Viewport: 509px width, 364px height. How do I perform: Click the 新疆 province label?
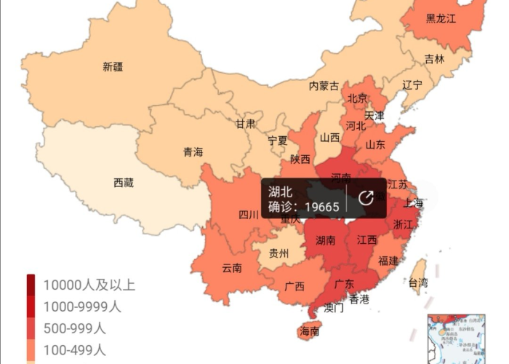pyautogui.click(x=113, y=67)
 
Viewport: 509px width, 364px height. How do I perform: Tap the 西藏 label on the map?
pyautogui.click(x=124, y=183)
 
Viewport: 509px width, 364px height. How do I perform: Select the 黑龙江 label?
pyautogui.click(x=441, y=19)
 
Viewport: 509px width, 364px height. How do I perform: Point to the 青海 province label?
pyautogui.click(x=193, y=152)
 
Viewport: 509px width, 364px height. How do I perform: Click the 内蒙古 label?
pyautogui.click(x=324, y=86)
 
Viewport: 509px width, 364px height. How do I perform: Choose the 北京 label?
pyautogui.click(x=357, y=98)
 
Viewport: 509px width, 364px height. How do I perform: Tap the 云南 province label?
pyautogui.click(x=232, y=268)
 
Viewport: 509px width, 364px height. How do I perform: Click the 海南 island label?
pyautogui.click(x=309, y=332)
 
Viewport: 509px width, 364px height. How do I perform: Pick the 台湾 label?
pyautogui.click(x=417, y=282)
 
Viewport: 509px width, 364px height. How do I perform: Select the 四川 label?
pyautogui.click(x=249, y=215)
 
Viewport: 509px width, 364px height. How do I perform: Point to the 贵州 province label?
pyautogui.click(x=278, y=253)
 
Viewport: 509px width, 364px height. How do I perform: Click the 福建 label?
pyautogui.click(x=388, y=261)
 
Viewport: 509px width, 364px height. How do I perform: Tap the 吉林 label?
pyautogui.click(x=434, y=59)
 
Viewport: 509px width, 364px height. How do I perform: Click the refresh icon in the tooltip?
pyautogui.click(x=366, y=198)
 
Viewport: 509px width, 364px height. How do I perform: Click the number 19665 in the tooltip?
pyautogui.click(x=321, y=207)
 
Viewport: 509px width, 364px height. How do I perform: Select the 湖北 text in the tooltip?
pyautogui.click(x=280, y=191)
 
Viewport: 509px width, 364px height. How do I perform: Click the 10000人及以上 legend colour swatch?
pyautogui.click(x=31, y=285)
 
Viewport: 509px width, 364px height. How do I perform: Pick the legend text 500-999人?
pyautogui.click(x=74, y=328)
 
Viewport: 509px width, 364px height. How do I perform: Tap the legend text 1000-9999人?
pyautogui.click(x=81, y=306)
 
